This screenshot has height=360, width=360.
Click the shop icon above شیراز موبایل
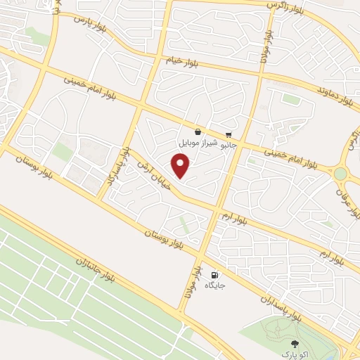(x=198, y=131)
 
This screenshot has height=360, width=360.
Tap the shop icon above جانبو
(x=229, y=135)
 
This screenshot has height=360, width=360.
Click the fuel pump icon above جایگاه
(x=214, y=275)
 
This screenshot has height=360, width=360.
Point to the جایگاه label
(x=214, y=286)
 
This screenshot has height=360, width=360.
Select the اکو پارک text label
(x=293, y=352)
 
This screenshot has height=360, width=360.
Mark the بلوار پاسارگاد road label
(x=117, y=167)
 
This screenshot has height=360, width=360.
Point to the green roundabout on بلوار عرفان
(x=341, y=173)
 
